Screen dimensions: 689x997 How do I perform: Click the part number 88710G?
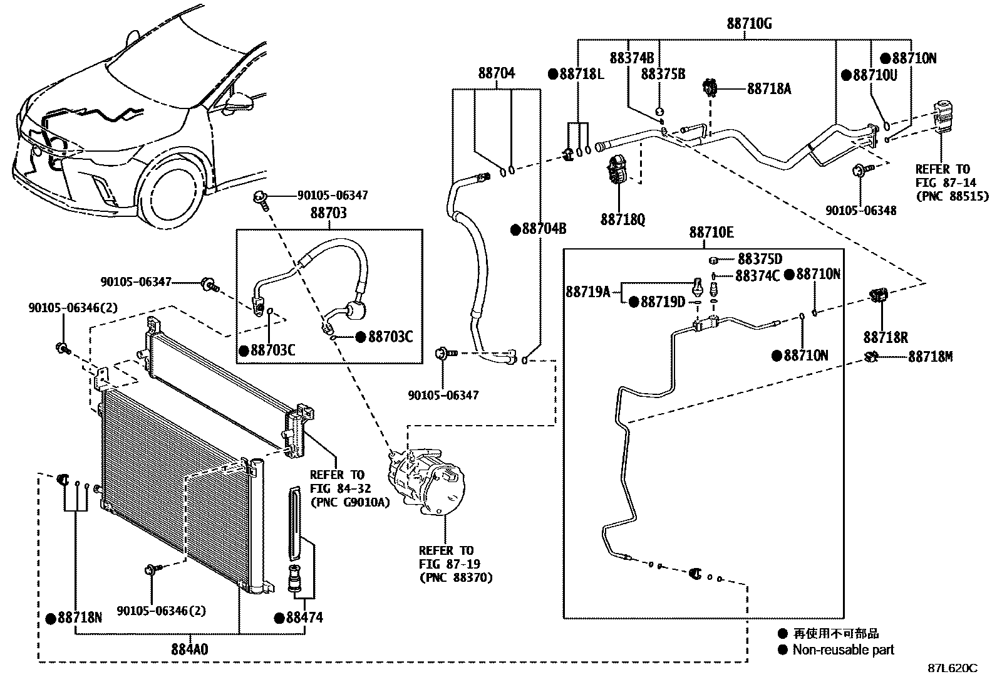coord(749,24)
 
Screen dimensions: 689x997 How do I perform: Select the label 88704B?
coord(544,229)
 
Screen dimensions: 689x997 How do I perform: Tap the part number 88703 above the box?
coord(328,213)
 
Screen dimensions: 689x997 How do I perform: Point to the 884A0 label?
coord(190,648)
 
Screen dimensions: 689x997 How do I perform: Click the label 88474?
coord(304,618)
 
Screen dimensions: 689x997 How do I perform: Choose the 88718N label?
coord(79,618)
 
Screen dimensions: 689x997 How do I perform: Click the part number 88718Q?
coord(622,220)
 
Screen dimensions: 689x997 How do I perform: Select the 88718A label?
coord(768,89)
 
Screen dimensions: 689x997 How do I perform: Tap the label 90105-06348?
coord(860,211)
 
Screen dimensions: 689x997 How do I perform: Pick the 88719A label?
coord(587,292)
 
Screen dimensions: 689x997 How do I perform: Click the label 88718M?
coord(930,357)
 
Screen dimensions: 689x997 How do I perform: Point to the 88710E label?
coord(711,233)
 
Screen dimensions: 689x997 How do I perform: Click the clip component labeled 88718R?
coord(879,295)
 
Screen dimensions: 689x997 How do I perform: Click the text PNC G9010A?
coord(350,502)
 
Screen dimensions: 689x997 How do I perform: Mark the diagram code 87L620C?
coord(952,668)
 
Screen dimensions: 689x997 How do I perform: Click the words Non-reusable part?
coord(843,650)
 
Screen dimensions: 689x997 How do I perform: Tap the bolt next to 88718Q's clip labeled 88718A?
coord(710,87)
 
